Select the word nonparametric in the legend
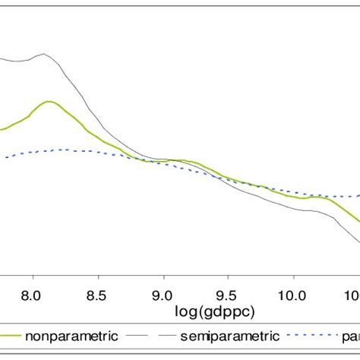71,335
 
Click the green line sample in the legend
9,335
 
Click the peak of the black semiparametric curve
44,54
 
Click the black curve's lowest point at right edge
358,242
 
